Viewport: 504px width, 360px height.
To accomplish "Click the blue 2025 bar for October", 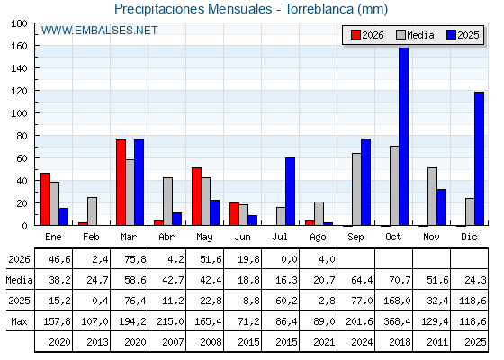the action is pyautogui.click(x=404, y=136).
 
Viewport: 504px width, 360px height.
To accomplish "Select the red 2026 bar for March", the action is pyautogui.click(x=121, y=183).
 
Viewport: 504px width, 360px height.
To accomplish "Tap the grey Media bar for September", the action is pyautogui.click(x=356, y=189).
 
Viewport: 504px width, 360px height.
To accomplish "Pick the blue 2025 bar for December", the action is pyautogui.click(x=479, y=158).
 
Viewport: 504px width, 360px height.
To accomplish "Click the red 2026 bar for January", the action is pyautogui.click(x=45, y=199).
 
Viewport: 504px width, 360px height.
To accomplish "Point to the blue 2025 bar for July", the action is pyautogui.click(x=290, y=192).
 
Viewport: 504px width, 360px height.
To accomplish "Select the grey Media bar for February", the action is pyautogui.click(x=92, y=211).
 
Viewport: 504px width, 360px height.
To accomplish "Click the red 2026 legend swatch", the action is pyautogui.click(x=355, y=35).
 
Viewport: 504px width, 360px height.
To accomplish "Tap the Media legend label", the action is pyautogui.click(x=420, y=35).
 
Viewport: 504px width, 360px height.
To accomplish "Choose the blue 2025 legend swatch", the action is pyautogui.click(x=451, y=35).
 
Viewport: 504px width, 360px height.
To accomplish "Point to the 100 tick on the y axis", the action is pyautogui.click(x=36, y=113).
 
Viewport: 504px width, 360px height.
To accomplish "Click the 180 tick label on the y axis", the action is pyautogui.click(x=19, y=23).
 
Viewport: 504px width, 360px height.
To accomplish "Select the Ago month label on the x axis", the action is pyautogui.click(x=318, y=238).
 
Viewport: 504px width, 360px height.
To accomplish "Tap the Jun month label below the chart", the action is pyautogui.click(x=242, y=237).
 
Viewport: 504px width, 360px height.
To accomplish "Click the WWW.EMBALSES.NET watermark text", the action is pyautogui.click(x=99, y=31).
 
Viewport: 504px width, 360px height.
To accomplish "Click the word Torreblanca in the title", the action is pyautogui.click(x=319, y=9).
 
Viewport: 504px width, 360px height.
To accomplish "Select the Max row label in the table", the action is pyautogui.click(x=19, y=321).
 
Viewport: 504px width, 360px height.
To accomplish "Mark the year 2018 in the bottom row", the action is pyautogui.click(x=400, y=342).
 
